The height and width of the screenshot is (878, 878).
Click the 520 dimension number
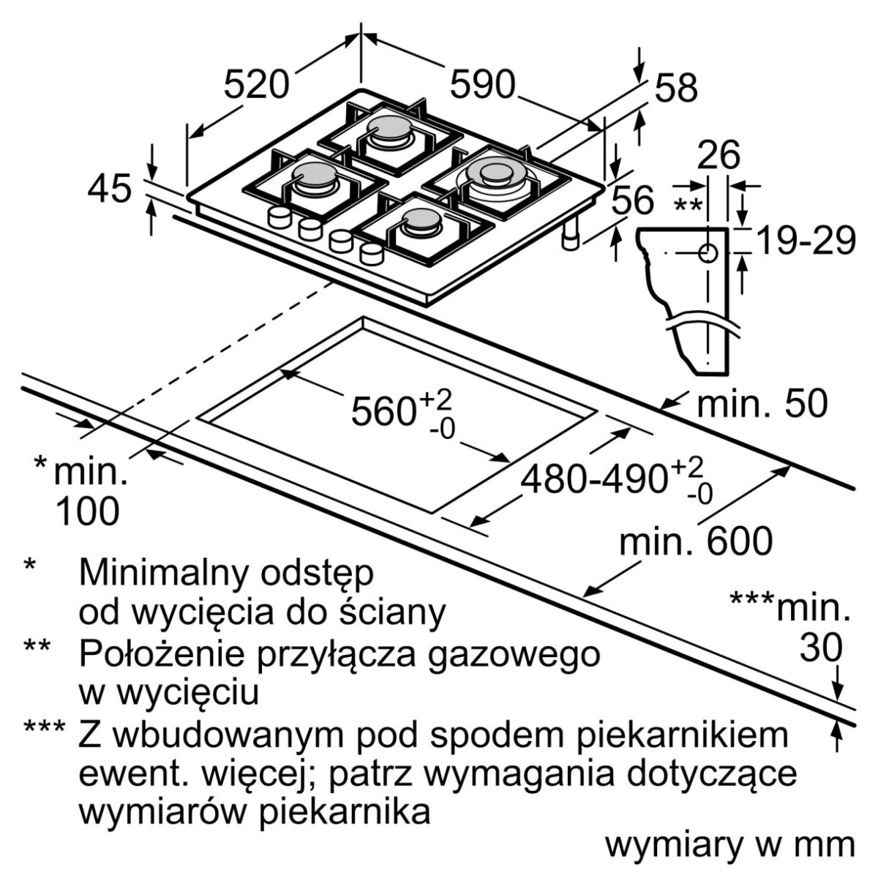[x=256, y=85]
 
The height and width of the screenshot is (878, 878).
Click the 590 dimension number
[x=482, y=85]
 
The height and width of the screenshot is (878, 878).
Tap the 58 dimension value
[x=677, y=88]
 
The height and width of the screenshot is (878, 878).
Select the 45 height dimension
[x=109, y=189]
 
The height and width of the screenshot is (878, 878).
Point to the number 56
[x=633, y=200]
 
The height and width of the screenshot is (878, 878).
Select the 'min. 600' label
[x=696, y=542]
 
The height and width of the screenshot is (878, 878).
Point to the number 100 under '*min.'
[x=88, y=511]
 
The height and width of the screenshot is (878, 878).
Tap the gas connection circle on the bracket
[x=708, y=254]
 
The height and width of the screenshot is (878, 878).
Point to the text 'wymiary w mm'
[x=729, y=845]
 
